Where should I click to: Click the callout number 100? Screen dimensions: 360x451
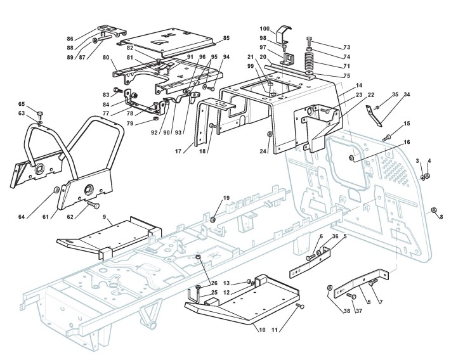pyautogui.click(x=265, y=29)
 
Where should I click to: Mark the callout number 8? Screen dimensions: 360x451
pyautogui.click(x=441, y=217)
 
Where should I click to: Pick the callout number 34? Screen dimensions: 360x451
pyautogui.click(x=407, y=94)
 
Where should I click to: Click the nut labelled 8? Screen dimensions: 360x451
pyautogui.click(x=433, y=210)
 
